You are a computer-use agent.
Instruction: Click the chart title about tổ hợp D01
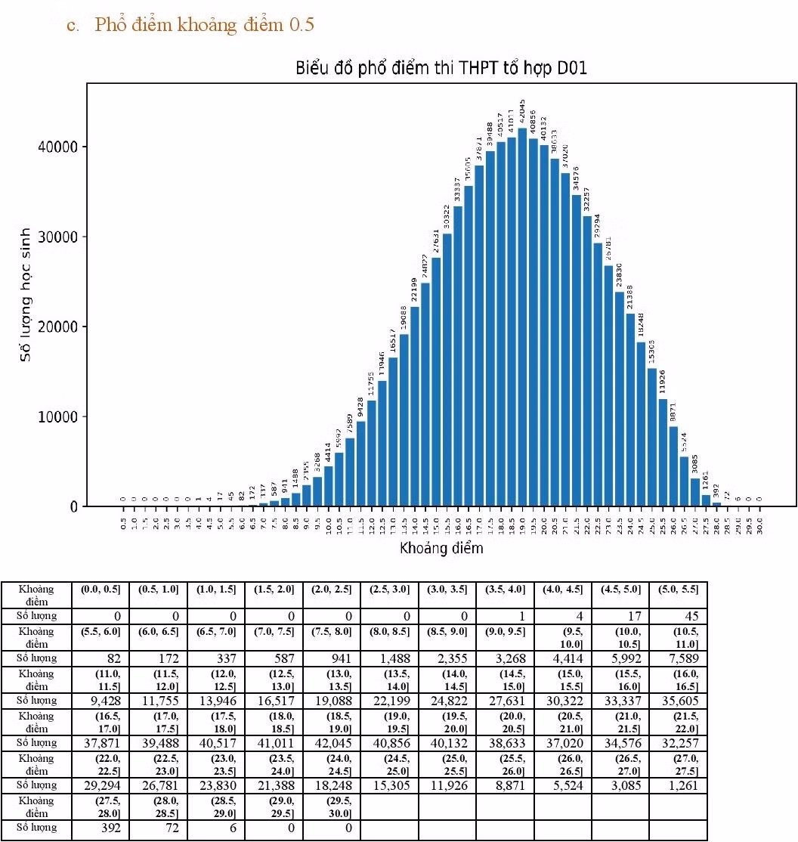point(441,69)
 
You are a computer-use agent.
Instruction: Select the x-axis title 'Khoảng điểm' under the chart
point(441,547)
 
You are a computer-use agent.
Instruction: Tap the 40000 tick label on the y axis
point(57,147)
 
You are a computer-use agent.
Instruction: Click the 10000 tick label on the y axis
point(57,417)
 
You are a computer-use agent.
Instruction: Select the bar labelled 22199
point(415,406)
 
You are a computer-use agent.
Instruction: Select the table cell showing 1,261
point(679,785)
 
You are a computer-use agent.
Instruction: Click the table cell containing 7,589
point(679,658)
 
